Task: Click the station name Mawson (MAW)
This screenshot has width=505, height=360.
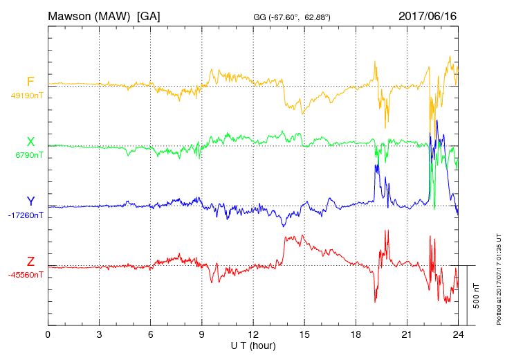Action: click(89, 15)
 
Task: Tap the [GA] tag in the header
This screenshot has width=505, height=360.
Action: click(149, 15)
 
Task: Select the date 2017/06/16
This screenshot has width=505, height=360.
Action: click(428, 15)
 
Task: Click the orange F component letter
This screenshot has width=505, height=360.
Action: click(30, 82)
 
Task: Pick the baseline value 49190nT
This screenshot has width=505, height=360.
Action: click(27, 96)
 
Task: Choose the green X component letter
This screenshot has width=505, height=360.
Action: click(30, 141)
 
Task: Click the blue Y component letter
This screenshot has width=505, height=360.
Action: click(30, 201)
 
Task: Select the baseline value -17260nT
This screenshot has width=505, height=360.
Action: click(27, 215)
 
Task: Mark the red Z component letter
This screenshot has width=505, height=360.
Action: click(30, 261)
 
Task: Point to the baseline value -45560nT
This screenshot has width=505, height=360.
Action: click(27, 275)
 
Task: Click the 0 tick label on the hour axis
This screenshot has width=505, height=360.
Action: click(48, 334)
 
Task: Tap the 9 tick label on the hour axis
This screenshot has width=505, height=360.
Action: click(201, 334)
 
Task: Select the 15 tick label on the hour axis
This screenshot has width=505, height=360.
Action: click(304, 334)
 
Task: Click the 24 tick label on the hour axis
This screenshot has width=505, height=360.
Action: click(457, 334)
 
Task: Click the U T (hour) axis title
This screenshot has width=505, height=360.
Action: click(252, 345)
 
